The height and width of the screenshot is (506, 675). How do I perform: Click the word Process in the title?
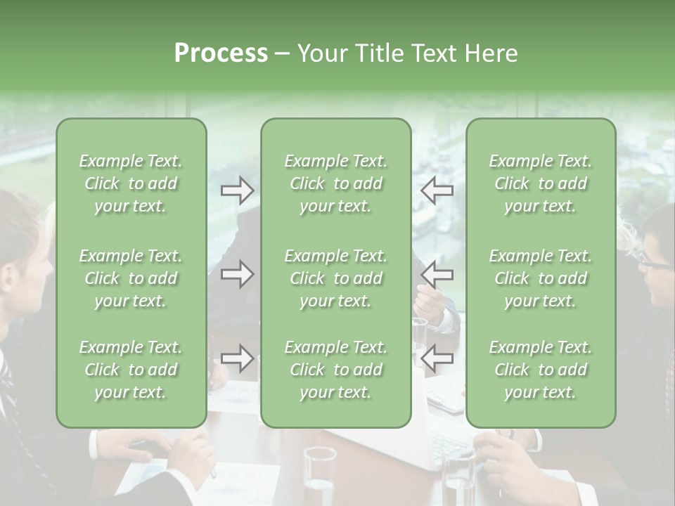221,53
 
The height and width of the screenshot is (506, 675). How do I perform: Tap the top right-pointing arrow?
237,190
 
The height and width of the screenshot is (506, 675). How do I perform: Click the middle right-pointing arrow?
237,273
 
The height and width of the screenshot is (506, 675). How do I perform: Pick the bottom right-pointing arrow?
237,358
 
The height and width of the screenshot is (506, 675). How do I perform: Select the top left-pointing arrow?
437,190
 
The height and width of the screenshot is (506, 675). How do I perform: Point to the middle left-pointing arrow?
437,273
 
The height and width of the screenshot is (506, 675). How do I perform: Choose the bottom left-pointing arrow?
437,358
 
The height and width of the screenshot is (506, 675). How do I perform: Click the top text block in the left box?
131,183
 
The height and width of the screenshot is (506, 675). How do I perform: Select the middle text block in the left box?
131,278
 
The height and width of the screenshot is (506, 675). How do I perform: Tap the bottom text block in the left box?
131,370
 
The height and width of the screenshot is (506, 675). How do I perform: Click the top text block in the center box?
335,183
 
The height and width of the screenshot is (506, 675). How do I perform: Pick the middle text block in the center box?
335,278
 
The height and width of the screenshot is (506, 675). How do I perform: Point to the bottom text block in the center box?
335,370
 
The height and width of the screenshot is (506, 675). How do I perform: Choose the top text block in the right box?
541,183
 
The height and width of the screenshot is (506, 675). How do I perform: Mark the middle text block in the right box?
541,278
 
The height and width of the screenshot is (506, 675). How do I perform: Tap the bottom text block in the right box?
541,370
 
